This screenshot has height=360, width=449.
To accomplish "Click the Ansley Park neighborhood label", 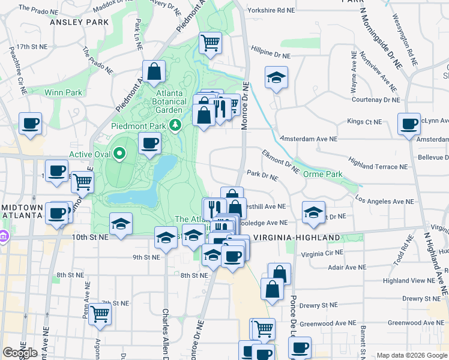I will coord(79,22).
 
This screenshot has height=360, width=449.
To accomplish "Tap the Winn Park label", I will coord(63,92).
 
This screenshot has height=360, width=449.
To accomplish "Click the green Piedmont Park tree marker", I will coord(175,125).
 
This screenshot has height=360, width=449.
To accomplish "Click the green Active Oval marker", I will coord(119,154).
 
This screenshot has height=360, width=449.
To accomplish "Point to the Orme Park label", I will coord(322,174).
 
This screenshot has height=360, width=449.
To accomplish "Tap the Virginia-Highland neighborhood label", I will coord(297,238).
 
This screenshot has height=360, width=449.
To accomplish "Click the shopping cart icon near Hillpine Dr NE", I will coord(210,42).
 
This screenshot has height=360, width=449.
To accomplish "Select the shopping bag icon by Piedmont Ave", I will coord(154,71).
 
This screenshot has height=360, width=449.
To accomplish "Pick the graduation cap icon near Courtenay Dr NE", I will coord(276,77).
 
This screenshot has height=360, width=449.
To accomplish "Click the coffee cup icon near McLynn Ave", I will coord(409,124).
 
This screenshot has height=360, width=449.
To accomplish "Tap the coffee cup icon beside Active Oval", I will coord(149,143).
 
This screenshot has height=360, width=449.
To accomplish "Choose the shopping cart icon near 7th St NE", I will coord(100,313).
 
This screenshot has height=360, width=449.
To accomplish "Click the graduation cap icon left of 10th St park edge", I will coord(121,224).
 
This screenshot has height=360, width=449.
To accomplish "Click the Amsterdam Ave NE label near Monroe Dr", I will coord(308,139).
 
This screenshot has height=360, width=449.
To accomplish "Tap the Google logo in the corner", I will coord(20,353).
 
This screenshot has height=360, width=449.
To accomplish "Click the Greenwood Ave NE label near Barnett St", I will coord(413,323).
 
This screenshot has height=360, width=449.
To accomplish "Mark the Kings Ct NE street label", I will coord(364,122).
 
